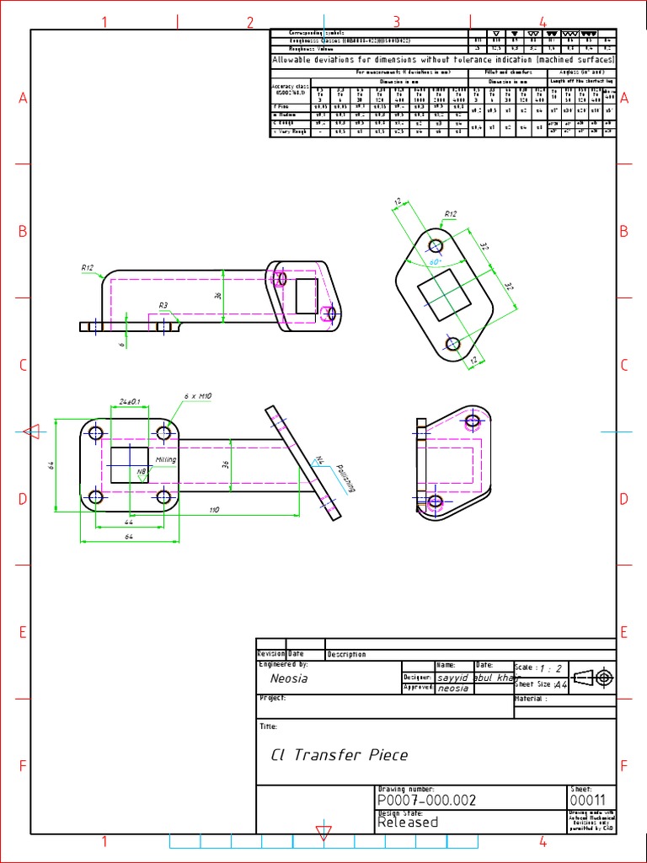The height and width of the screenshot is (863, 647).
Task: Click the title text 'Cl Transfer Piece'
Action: pyautogui.click(x=339, y=755)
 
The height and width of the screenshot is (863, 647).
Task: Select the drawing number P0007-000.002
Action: pyautogui.click(x=420, y=801)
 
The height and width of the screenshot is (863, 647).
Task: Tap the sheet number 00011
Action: pyautogui.click(x=586, y=801)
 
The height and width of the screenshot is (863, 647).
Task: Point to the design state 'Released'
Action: pyautogui.click(x=408, y=823)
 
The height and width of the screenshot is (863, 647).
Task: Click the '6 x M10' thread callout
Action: pyautogui.click(x=197, y=395)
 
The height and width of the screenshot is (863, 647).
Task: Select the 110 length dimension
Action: pyautogui.click(x=213, y=510)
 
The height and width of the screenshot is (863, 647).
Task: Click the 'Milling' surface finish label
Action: pyautogui.click(x=165, y=459)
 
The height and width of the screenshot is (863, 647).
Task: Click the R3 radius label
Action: pyautogui.click(x=163, y=305)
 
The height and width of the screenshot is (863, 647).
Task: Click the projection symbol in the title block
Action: pyautogui.click(x=594, y=677)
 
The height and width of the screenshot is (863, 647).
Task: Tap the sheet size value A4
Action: pyautogui.click(x=561, y=687)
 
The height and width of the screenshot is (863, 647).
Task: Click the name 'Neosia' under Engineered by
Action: pyautogui.click(x=289, y=678)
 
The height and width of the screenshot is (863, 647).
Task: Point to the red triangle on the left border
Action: pyautogui.click(x=31, y=432)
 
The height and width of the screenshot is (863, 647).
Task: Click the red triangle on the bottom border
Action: pyautogui.click(x=323, y=833)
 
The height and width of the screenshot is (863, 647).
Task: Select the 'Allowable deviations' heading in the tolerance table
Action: pyautogui.click(x=443, y=61)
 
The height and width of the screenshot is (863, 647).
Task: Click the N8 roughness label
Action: pyautogui.click(x=142, y=472)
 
